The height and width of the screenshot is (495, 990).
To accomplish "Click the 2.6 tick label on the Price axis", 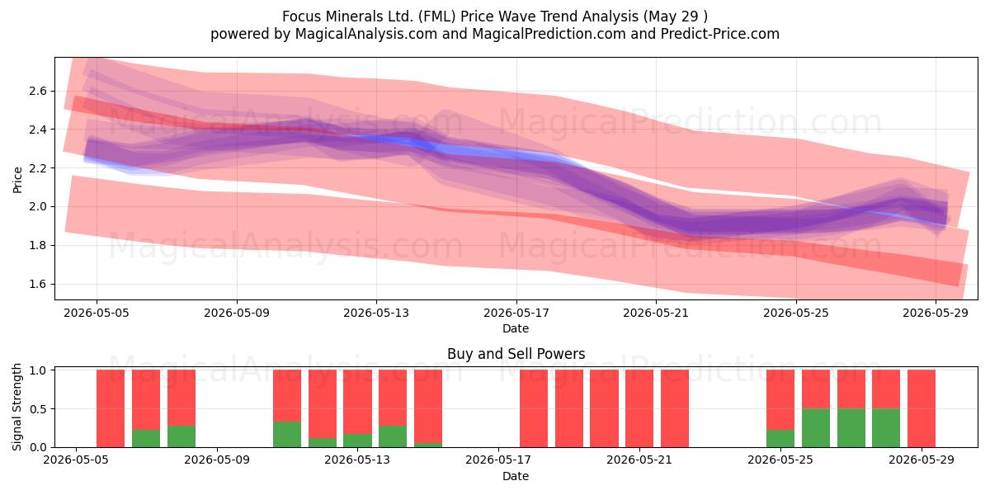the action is [x=38, y=91].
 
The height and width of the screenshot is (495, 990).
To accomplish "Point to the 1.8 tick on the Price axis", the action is [x=38, y=245].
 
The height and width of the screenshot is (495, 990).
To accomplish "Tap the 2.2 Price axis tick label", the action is [x=38, y=168].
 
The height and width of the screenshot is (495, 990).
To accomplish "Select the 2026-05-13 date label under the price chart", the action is [x=376, y=313].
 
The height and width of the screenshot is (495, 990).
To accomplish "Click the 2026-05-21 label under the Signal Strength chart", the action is [x=639, y=460].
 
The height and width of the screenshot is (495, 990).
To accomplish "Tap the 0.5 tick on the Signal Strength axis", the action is [x=39, y=409].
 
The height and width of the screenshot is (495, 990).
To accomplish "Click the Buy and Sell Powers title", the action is [x=516, y=354].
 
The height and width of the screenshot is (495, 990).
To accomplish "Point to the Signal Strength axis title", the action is [x=16, y=407].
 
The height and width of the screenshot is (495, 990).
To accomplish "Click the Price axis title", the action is [x=17, y=180].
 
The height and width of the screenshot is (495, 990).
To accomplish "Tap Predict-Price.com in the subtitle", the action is [x=720, y=34].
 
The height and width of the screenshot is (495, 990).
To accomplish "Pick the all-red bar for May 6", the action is [x=111, y=408].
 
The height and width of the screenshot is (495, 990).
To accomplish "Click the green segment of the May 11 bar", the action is [x=287, y=435].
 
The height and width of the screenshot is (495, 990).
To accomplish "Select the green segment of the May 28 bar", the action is [x=886, y=428].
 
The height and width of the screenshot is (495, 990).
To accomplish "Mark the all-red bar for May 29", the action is [x=922, y=408].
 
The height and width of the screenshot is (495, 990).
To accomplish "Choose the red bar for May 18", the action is [x=534, y=408].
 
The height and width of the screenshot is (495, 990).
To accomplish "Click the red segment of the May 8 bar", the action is [x=181, y=398].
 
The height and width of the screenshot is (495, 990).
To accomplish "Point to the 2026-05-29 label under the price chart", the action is [x=936, y=313].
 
